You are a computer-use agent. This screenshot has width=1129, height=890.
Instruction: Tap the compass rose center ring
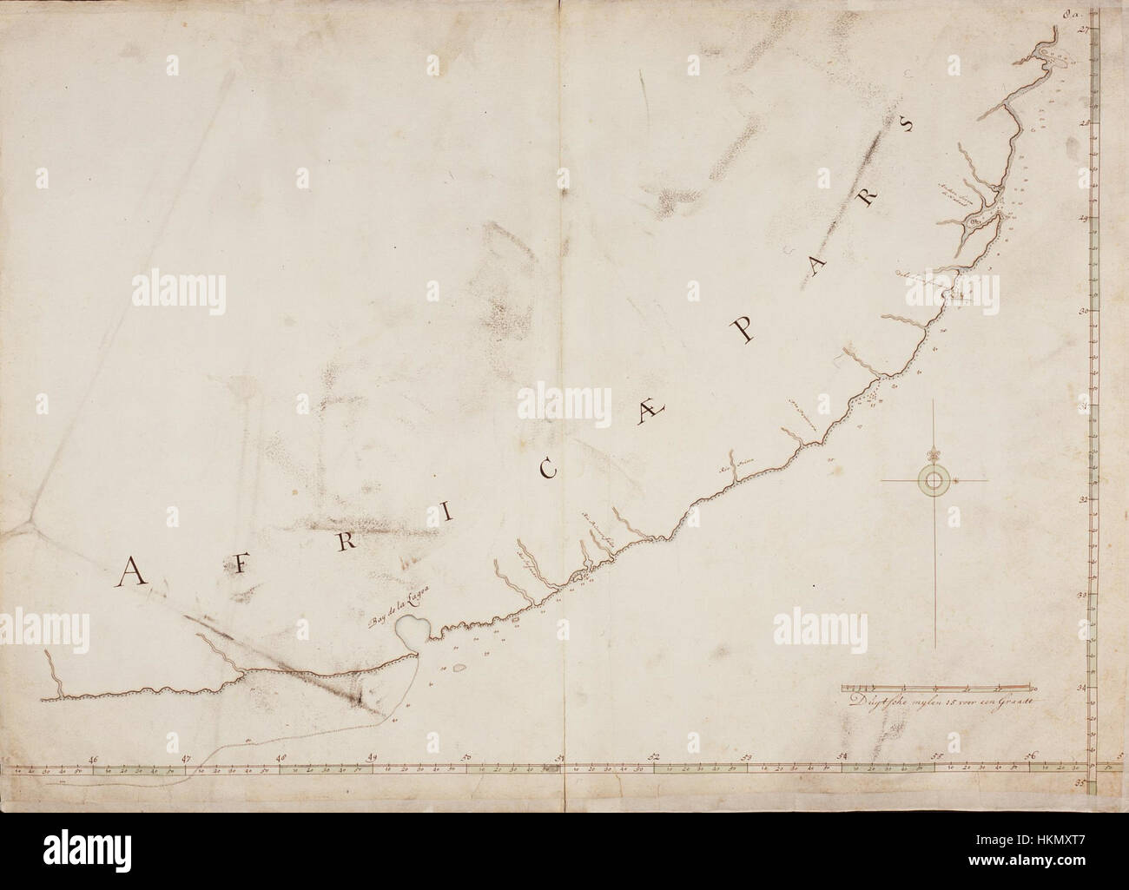click(934, 480)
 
